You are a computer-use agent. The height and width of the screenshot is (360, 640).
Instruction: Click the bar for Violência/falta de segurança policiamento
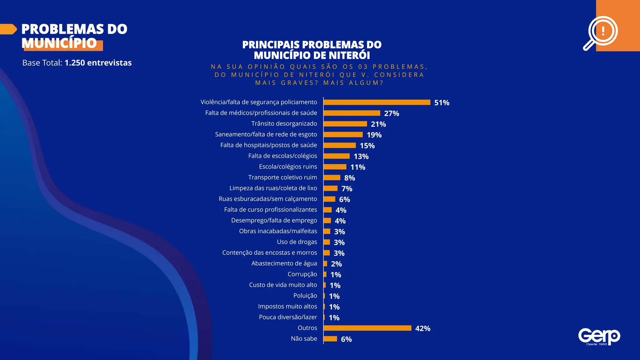point(377,102)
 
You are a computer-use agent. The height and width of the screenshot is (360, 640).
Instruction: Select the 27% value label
point(392,113)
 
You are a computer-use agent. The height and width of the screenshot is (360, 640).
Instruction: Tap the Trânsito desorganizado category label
point(284,124)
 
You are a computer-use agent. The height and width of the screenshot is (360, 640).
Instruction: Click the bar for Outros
point(367,328)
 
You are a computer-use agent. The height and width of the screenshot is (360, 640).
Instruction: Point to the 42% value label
point(422,328)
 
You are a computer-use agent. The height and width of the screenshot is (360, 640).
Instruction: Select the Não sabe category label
point(304,339)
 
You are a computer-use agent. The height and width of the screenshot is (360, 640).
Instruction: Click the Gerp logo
point(599,337)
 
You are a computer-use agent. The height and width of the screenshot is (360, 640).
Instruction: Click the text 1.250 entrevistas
point(98,63)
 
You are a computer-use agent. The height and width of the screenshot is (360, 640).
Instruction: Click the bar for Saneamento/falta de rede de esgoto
point(343,135)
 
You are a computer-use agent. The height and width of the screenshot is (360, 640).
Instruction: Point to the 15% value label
point(367,146)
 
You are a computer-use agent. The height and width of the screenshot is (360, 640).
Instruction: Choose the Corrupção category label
point(302,274)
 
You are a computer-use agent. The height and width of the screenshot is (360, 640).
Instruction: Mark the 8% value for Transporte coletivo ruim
point(349,178)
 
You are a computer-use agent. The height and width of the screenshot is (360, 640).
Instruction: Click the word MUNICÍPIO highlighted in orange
point(59,43)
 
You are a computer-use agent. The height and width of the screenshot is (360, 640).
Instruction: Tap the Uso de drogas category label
point(297,242)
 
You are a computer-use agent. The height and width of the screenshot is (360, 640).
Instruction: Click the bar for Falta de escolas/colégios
point(337,156)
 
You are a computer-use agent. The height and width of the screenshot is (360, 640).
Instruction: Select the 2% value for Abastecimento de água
point(336,264)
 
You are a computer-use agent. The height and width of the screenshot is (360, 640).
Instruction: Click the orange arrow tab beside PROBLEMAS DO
point(8,29)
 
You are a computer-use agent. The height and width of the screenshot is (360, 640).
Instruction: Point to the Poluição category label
point(305,296)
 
